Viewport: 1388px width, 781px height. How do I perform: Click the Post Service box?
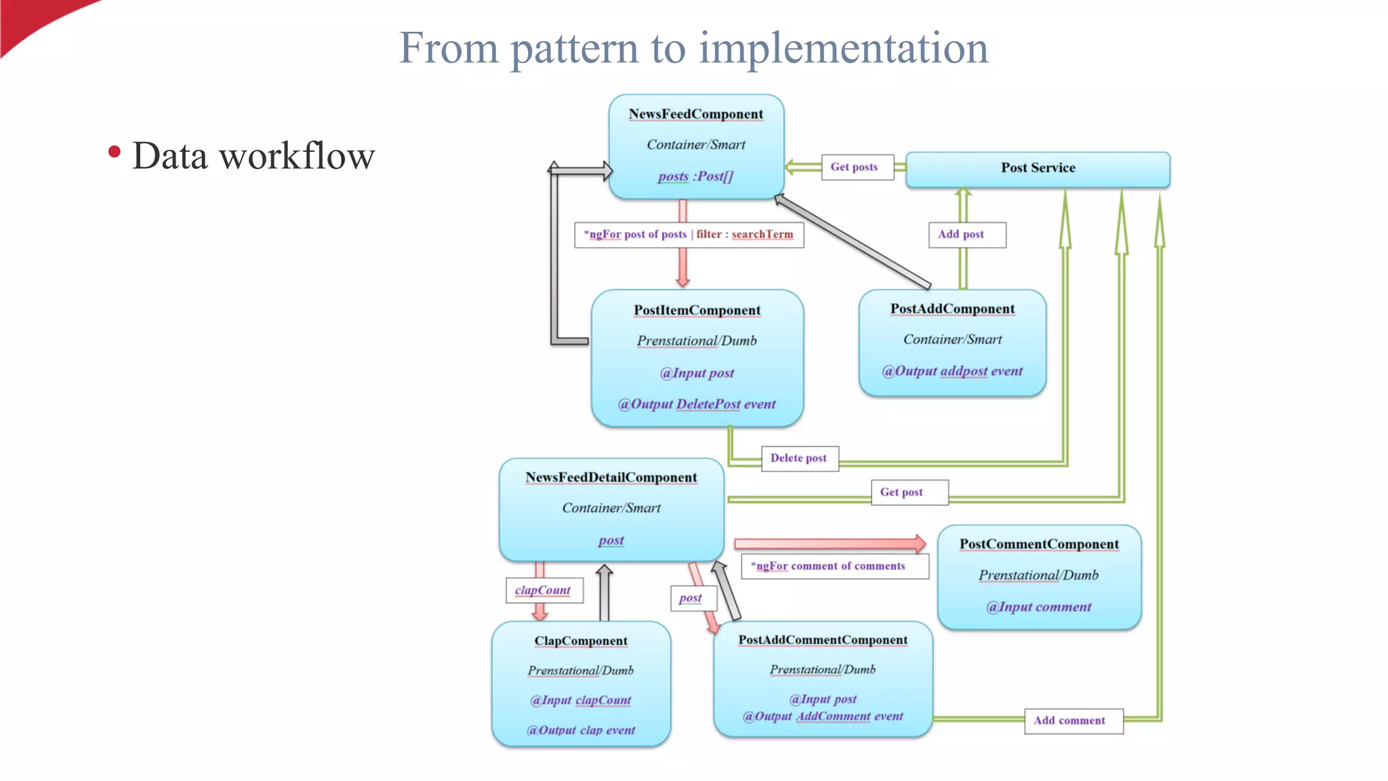[1038, 168]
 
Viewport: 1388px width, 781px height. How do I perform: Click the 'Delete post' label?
[799, 458]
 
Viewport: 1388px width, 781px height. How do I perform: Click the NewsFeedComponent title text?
[696, 114]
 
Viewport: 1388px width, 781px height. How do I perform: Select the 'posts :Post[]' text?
[696, 176]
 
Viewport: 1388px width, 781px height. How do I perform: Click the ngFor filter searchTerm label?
[689, 235]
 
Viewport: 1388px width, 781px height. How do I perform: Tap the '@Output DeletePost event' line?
[697, 404]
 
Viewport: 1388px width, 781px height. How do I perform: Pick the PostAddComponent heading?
[952, 308]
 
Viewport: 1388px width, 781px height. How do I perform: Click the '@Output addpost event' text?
[952, 371]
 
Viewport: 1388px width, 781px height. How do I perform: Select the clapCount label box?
[544, 590]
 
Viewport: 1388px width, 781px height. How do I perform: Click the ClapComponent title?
[581, 641]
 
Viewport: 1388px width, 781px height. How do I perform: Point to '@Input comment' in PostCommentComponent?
[1039, 607]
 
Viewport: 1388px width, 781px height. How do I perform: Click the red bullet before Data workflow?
[115, 152]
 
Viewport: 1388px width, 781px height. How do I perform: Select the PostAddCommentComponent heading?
[823, 640]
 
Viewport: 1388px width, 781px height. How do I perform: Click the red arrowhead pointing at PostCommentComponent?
[920, 543]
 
